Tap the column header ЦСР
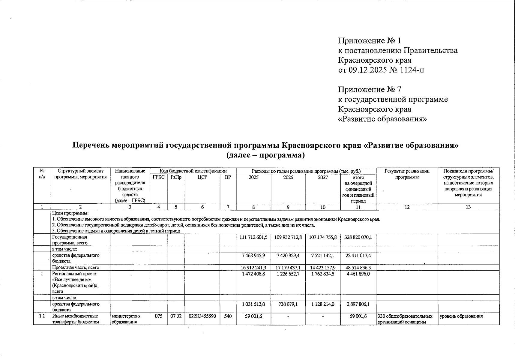202,177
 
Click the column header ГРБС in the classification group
158,177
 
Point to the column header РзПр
176,177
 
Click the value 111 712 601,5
253,237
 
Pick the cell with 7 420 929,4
288,255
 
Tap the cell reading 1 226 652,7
288,274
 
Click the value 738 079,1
288,304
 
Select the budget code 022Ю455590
202,316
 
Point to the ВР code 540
228,316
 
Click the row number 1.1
42,316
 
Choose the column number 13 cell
468,207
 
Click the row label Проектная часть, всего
75,267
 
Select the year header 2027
323,177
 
